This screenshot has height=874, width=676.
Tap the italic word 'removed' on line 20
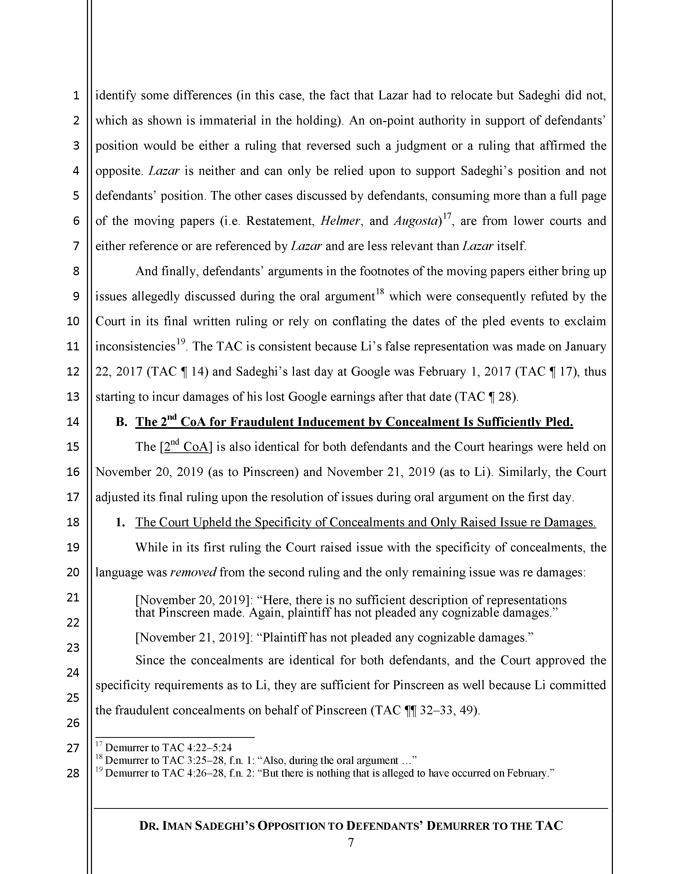click(x=193, y=572)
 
